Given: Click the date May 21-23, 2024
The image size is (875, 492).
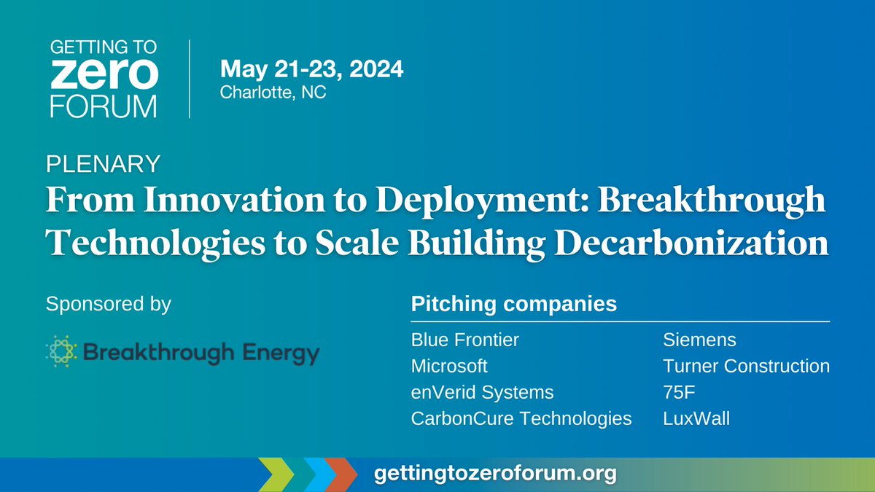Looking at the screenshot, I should click(x=312, y=70).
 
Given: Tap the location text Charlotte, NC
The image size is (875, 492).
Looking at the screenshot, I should click(x=273, y=93).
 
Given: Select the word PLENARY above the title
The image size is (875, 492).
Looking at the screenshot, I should click(x=103, y=164).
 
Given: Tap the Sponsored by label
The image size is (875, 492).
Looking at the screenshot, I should click(x=108, y=303).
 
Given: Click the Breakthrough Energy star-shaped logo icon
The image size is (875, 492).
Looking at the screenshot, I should click(x=60, y=354).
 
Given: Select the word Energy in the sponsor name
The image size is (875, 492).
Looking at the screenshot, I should click(x=281, y=354).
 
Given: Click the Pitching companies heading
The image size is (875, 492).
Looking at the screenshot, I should click(x=514, y=303).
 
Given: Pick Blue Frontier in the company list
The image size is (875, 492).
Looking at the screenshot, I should click(x=465, y=340).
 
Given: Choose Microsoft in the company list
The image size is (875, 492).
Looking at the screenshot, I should click(x=449, y=366).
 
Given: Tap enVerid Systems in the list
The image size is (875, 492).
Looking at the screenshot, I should click(x=483, y=392).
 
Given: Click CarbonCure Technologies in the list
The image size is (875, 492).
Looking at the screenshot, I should click(x=521, y=418).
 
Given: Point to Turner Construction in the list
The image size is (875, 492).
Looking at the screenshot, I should click(x=746, y=366).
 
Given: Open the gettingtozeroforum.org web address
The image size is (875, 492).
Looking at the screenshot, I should click(x=495, y=474).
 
